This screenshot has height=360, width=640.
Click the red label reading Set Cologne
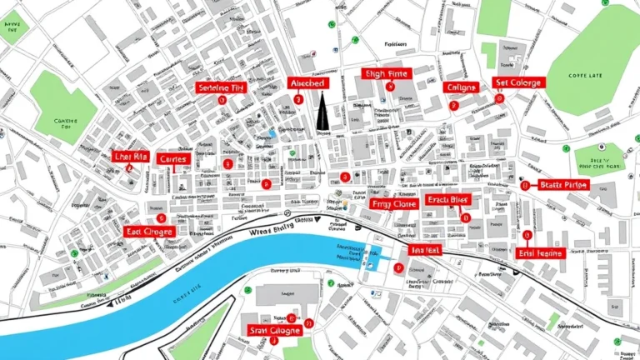pyautogui.click(x=517, y=83)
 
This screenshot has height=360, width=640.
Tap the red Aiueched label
pyautogui.click(x=308, y=83)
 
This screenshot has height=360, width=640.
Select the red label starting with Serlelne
pyautogui.click(x=221, y=87)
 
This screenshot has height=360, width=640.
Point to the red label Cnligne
pyautogui.click(x=461, y=87)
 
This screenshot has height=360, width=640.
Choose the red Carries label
pyautogui.click(x=173, y=158)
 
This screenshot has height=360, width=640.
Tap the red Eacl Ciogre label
pyautogui.click(x=147, y=231)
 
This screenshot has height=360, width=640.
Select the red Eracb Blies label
pyautogui.click(x=448, y=200)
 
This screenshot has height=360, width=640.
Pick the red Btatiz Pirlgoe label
pyautogui.click(x=563, y=185)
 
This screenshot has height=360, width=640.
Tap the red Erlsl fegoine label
pyautogui.click(x=540, y=252)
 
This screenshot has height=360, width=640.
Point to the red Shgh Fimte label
pyautogui.click(x=387, y=75)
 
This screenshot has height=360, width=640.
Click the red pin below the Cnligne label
pyautogui.click(x=454, y=106)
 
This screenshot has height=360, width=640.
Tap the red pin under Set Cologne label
pyautogui.click(x=500, y=98)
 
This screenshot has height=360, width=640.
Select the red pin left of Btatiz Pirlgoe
pyautogui.click(x=525, y=186)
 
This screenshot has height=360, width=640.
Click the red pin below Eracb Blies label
pyautogui.click(x=465, y=217)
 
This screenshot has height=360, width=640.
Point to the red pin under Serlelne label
pyautogui.click(x=221, y=99)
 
